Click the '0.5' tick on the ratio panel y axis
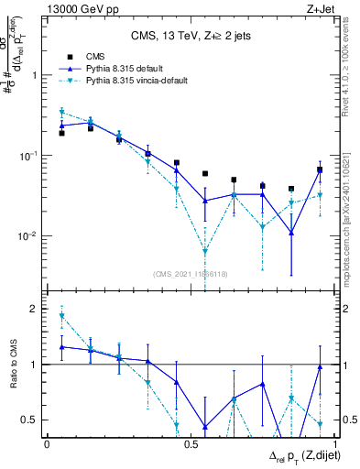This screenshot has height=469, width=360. (x=28, y=420)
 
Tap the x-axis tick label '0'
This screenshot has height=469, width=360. (x=47, y=444)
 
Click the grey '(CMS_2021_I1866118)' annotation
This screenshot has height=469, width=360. (x=191, y=274)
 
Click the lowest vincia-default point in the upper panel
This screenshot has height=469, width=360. (x=205, y=251)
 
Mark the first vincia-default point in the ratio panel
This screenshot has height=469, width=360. (x=61, y=316)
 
